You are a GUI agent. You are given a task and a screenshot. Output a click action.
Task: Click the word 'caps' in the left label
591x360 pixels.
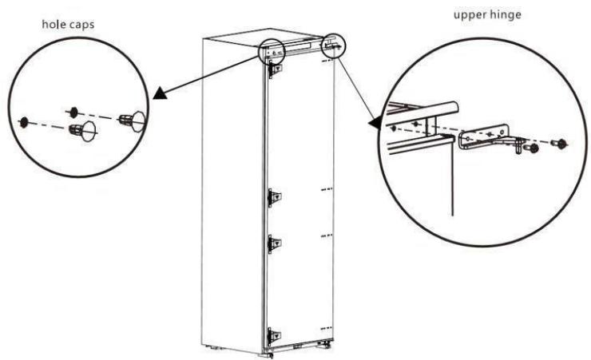(81, 25)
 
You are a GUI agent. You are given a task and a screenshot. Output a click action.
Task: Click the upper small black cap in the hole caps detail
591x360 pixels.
(73, 109)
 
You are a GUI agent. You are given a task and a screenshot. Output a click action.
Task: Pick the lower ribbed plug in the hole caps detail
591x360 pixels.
(77, 130)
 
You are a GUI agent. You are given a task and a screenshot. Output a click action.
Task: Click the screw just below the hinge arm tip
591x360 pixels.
(525, 147)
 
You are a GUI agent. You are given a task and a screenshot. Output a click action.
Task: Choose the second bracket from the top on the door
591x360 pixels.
(274, 196)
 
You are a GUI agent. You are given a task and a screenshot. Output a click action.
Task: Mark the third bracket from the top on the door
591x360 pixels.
(274, 243)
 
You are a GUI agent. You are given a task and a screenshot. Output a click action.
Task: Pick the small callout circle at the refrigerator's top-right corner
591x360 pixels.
(334, 45)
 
